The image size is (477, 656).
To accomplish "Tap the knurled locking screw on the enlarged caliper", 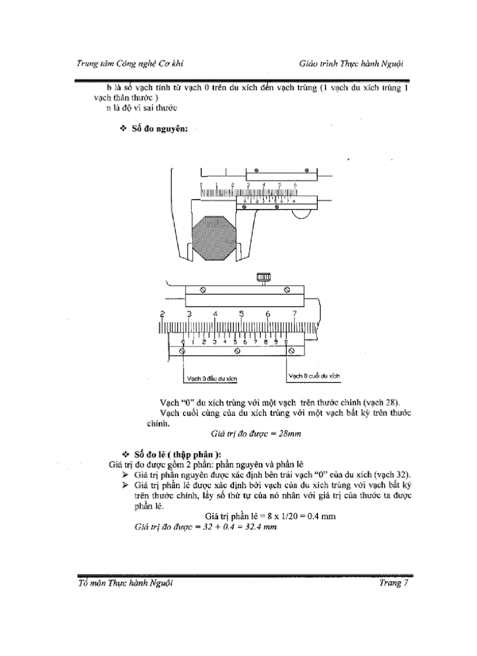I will (x=260, y=279).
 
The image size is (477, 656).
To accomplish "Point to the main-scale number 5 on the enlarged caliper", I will (x=241, y=314).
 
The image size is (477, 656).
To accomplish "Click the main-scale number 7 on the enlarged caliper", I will (x=295, y=314).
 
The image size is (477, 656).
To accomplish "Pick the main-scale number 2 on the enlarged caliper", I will (x=162, y=314).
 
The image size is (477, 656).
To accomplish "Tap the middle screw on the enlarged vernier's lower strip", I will (x=236, y=351).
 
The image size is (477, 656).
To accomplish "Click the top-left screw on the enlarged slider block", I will (x=202, y=290).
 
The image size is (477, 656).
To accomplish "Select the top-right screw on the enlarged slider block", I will (x=286, y=290).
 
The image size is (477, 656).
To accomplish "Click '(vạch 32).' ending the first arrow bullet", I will (x=393, y=474).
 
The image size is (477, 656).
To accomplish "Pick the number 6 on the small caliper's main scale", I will (x=295, y=185).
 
